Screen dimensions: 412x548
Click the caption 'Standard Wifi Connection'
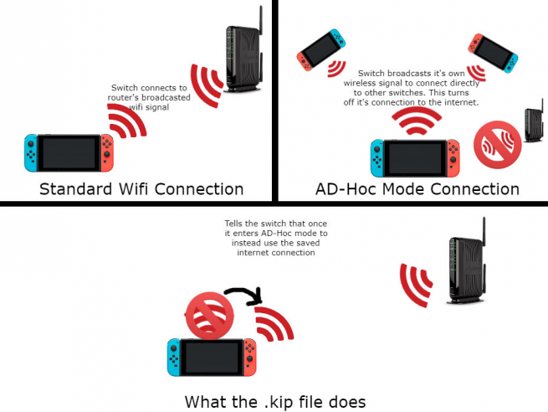click(x=141, y=188)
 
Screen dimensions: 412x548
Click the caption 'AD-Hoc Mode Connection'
click(x=417, y=188)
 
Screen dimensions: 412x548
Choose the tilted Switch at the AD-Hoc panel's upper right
click(x=493, y=52)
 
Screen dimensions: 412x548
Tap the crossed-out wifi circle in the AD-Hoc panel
click(x=497, y=143)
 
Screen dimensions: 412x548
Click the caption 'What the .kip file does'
click(x=274, y=402)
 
